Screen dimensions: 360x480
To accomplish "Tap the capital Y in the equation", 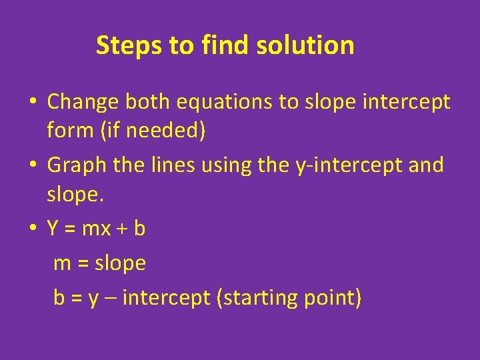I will [53, 229].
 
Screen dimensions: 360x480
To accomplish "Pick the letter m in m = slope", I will [62, 264].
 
